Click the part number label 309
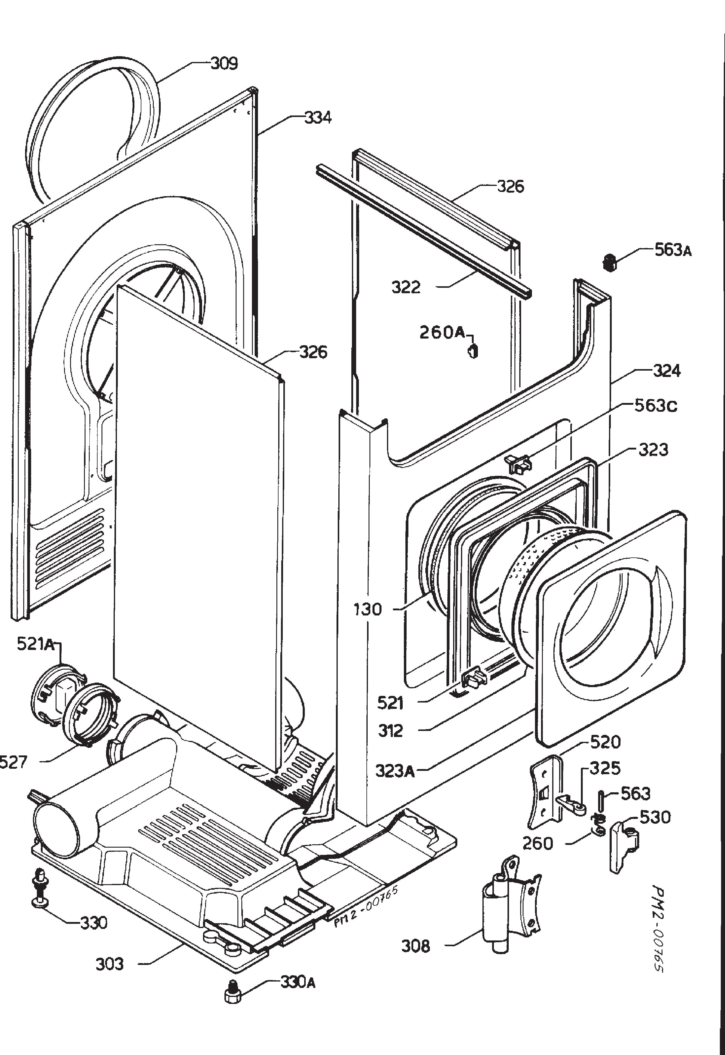coord(224,64)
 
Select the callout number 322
coord(406,287)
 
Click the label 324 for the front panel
coord(667,371)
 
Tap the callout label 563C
coord(656,405)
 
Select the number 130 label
coord(368,609)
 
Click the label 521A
coord(35,644)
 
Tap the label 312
coord(390,731)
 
